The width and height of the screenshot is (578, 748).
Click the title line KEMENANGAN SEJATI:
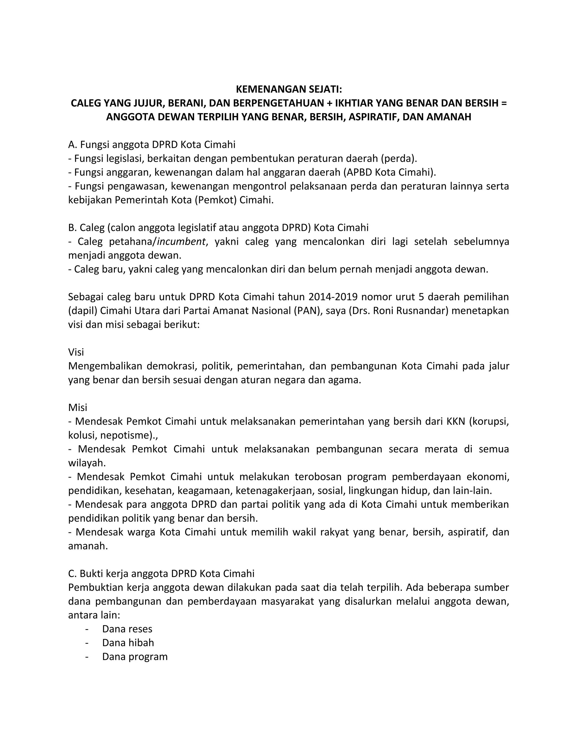(x=289, y=89)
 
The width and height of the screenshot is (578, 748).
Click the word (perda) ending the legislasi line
(x=398, y=159)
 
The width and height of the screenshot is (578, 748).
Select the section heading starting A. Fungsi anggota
(x=152, y=145)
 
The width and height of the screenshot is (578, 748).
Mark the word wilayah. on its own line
(x=87, y=463)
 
